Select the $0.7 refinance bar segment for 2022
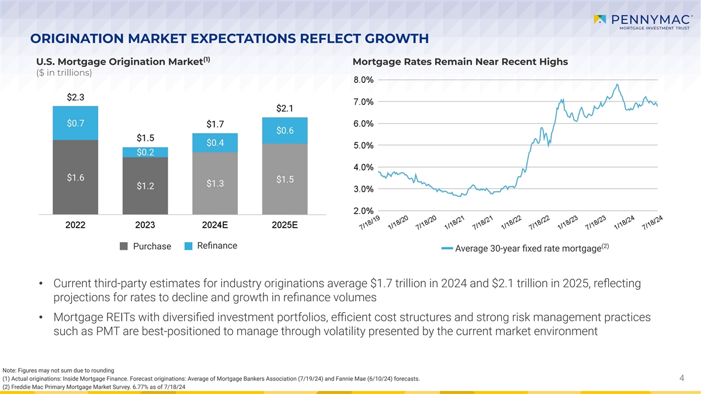click(75, 123)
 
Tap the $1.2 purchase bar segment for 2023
click(145, 186)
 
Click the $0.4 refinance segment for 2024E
click(215, 143)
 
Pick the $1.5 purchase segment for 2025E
click(284, 179)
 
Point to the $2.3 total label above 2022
click(75, 97)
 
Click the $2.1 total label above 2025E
click(284, 108)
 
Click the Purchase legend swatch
click(124, 246)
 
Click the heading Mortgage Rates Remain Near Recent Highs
click(460, 62)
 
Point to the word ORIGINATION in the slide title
click(82, 39)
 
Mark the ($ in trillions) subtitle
click(64, 73)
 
